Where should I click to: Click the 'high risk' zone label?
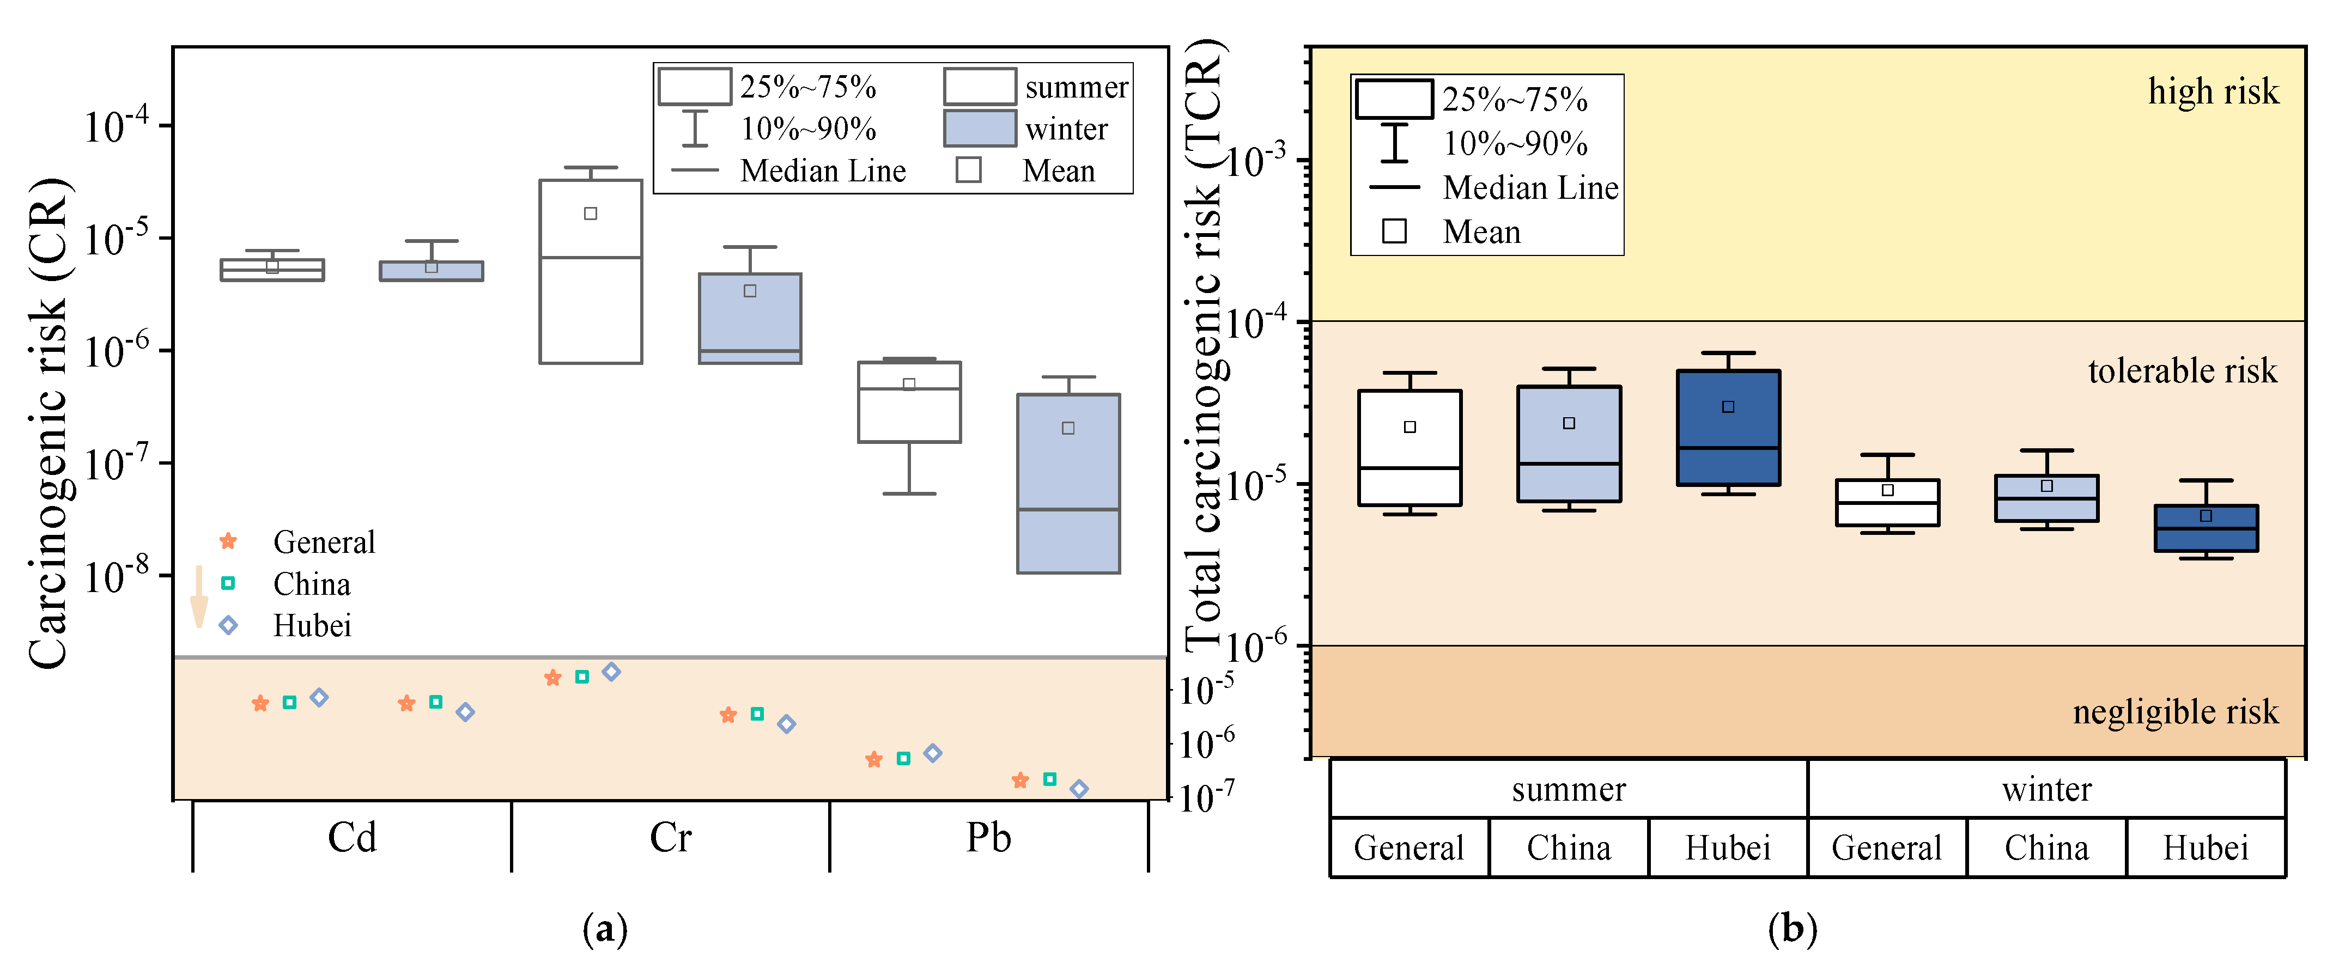click(x=2212, y=92)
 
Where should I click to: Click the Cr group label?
click(x=670, y=837)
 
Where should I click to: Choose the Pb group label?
click(x=988, y=837)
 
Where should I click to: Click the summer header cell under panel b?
click(x=1568, y=789)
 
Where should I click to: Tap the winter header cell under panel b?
click(x=2046, y=789)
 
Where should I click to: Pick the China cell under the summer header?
click(x=1568, y=848)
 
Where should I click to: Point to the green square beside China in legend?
click(x=228, y=583)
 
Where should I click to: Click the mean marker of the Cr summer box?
click(x=590, y=214)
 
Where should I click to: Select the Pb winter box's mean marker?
click(x=1068, y=428)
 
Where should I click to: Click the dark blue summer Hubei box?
click(x=1728, y=428)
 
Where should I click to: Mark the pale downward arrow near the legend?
click(x=199, y=597)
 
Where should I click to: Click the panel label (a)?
click(x=605, y=929)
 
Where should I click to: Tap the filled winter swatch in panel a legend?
click(x=979, y=128)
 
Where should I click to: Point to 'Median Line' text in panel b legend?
click(x=1530, y=188)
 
